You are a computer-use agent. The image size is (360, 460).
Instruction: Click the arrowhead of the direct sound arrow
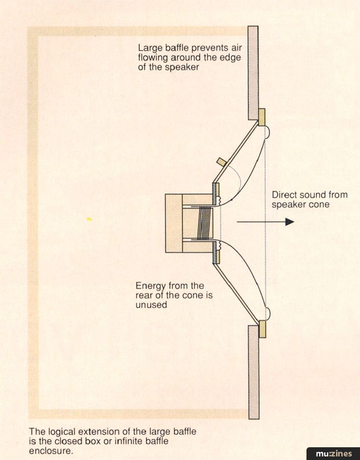[x=290, y=222]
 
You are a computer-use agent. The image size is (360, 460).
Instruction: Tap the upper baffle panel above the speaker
[x=253, y=71]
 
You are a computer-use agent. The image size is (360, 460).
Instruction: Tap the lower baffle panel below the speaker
[x=253, y=372]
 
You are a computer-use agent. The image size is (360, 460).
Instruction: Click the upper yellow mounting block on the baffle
[x=262, y=117]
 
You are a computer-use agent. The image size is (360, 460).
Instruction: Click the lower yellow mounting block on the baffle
[x=262, y=329]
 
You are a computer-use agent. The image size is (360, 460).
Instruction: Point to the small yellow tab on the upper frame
[x=222, y=162]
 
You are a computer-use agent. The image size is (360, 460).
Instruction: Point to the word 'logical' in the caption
[x=59, y=431]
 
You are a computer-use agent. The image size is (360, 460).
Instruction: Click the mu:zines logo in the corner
[x=333, y=453]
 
